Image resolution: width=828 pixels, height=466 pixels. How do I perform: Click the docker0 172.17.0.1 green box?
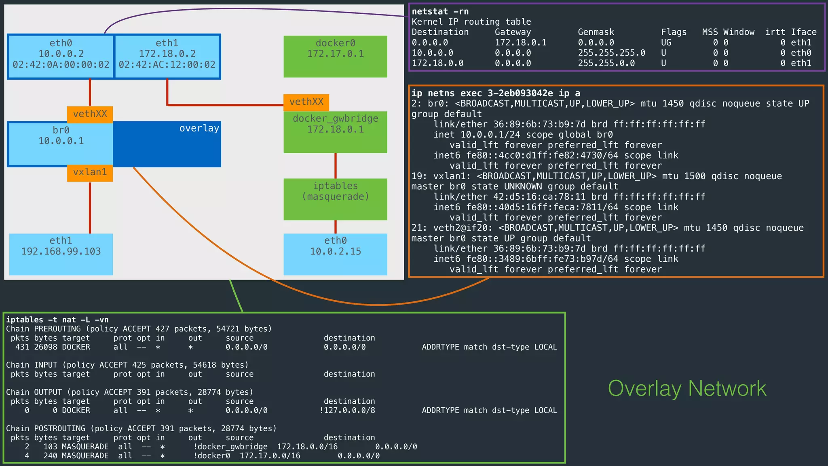point(335,56)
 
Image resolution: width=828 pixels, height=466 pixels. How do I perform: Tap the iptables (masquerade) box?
point(335,199)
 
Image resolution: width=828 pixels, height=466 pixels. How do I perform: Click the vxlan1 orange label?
point(90,172)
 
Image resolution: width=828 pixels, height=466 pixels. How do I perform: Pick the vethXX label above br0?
point(90,114)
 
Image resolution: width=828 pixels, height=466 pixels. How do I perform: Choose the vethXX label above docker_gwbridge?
point(306,102)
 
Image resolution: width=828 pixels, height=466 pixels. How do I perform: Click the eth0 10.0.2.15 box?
point(335,254)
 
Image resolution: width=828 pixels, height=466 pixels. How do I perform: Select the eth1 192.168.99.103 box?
point(61,254)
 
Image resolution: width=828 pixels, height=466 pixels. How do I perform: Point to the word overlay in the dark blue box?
point(199,129)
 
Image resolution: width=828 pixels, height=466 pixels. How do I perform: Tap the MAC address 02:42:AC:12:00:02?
point(167,65)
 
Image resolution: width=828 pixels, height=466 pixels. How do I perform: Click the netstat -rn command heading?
point(440,12)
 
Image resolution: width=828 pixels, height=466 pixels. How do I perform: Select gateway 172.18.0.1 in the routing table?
point(520,42)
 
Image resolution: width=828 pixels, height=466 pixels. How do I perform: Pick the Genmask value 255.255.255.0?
point(611,53)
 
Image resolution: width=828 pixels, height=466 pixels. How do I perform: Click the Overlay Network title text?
point(686,389)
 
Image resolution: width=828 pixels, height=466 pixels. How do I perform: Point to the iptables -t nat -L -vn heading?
point(57,320)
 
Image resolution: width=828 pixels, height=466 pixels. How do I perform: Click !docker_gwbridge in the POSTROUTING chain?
point(230,447)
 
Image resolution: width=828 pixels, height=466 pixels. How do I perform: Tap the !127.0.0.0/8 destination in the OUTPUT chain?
point(347,410)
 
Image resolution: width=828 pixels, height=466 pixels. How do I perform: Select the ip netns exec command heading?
point(496,93)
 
